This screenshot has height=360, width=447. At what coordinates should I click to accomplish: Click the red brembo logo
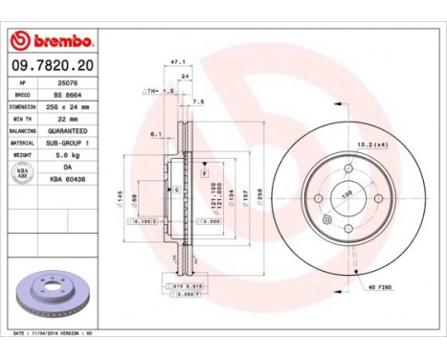(49, 41)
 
